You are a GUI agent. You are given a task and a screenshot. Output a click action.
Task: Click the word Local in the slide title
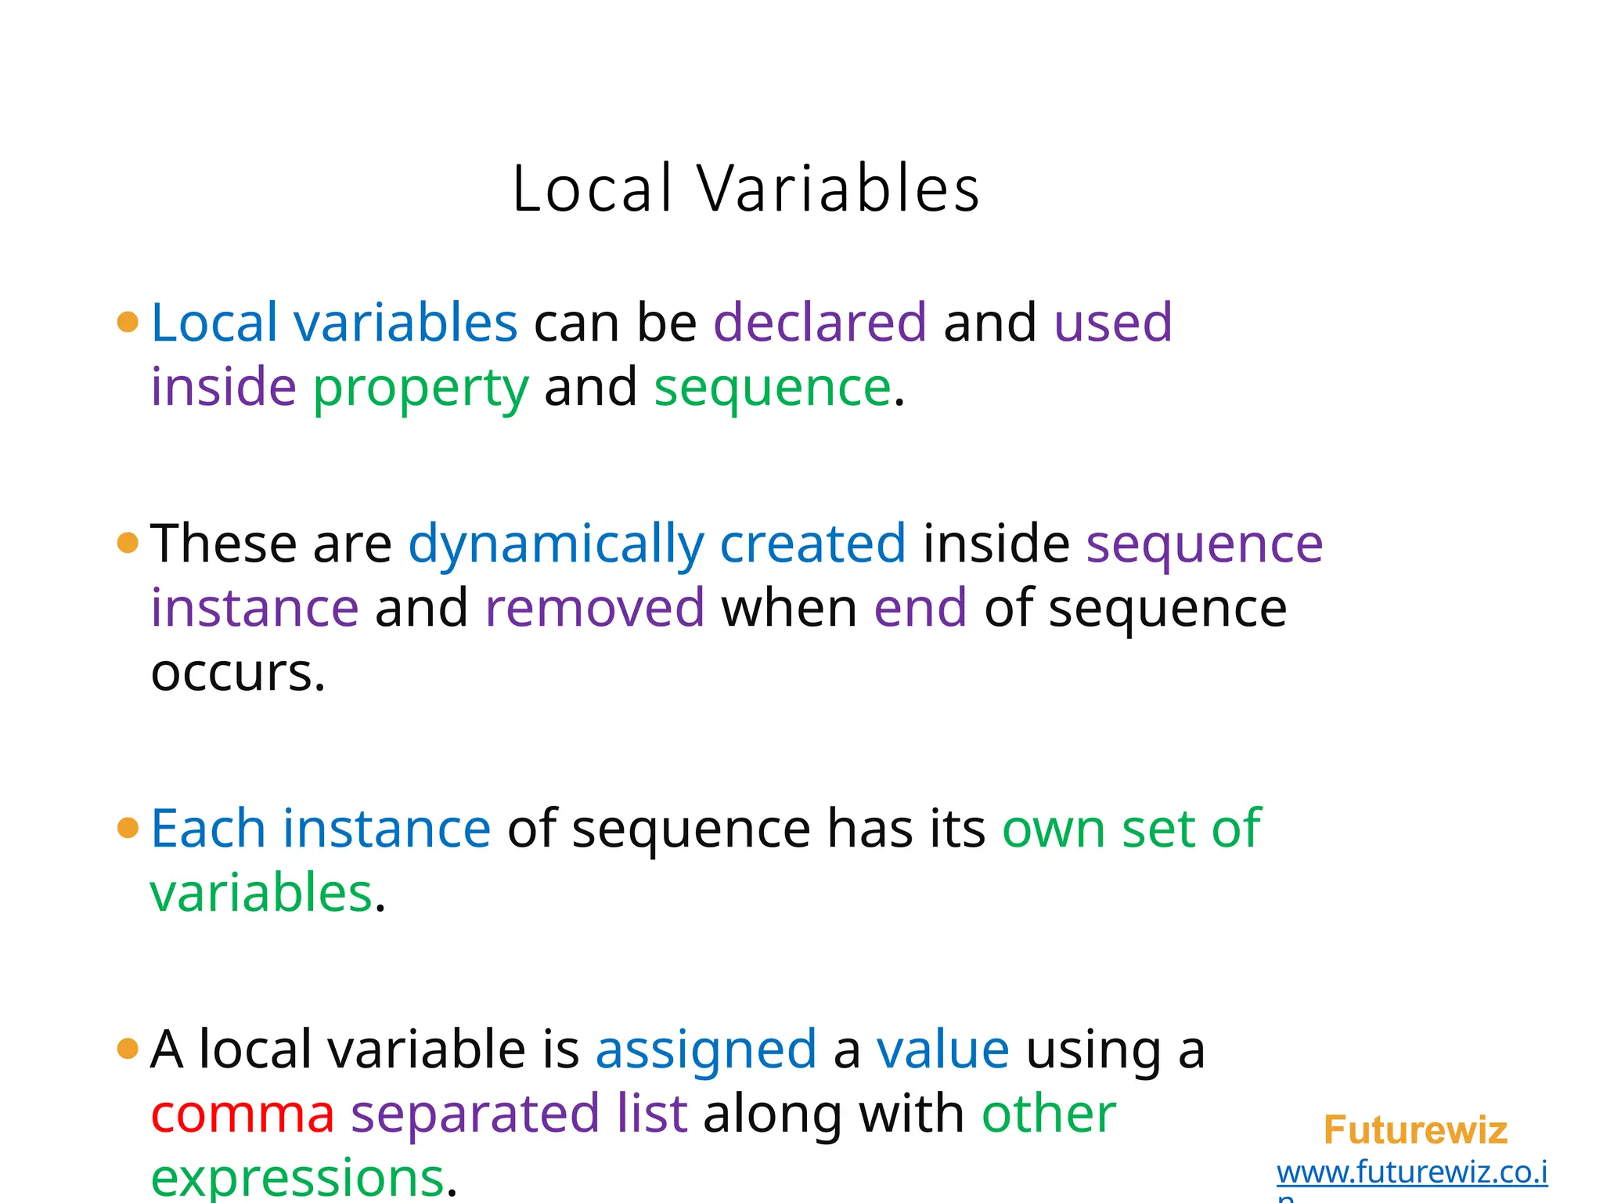(593, 190)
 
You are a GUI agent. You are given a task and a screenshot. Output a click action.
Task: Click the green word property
(421, 388)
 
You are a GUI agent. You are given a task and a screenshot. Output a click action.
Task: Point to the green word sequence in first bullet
(772, 388)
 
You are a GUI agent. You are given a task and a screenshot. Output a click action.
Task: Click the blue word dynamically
(556, 544)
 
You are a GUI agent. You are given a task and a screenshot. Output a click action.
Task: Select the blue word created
(812, 544)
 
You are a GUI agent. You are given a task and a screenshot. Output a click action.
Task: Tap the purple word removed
(595, 609)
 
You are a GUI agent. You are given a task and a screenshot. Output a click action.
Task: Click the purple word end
(920, 609)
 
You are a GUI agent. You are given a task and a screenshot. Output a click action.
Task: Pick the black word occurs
(237, 674)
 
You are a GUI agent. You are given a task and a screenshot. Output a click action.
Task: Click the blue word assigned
(706, 1050)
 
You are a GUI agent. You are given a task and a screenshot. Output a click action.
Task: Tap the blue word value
(942, 1050)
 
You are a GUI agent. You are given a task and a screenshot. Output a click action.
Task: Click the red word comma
(243, 1114)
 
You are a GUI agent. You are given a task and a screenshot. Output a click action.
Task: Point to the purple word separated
(474, 1114)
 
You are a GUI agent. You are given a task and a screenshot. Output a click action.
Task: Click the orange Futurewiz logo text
(1415, 1130)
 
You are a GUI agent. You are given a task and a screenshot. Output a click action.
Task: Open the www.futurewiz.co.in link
(1412, 1173)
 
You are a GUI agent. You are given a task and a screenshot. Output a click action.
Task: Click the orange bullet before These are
(128, 543)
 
